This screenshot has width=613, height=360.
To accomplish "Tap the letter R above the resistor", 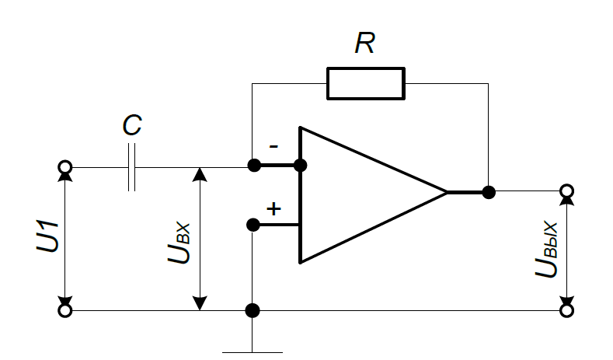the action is [x=364, y=43].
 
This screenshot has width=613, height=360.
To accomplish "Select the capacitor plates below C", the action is [x=132, y=167].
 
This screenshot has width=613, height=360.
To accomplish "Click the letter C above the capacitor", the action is [x=132, y=125].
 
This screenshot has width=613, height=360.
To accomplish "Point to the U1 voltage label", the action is [x=47, y=236].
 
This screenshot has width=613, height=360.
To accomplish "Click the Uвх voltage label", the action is [x=179, y=243].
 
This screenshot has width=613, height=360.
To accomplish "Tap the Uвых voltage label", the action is [x=546, y=250].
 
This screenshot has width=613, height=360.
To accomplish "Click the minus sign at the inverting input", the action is [x=273, y=147].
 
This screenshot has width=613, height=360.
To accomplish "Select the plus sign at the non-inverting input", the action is [x=273, y=208].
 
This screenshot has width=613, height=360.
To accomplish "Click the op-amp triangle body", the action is [x=300, y=194].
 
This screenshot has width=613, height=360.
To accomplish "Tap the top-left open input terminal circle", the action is [x=65, y=167].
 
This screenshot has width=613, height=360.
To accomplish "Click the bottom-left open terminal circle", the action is [x=65, y=310].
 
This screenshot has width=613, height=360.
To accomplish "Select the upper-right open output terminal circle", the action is [x=567, y=191].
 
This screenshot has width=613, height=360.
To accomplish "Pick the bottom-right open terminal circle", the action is [x=567, y=310].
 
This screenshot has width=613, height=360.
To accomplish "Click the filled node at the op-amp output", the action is [x=489, y=192].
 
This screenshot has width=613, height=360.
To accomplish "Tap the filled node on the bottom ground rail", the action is [x=253, y=311].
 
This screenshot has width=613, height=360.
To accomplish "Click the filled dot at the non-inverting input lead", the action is [x=253, y=225].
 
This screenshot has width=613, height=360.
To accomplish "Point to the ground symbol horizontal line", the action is [x=253, y=352].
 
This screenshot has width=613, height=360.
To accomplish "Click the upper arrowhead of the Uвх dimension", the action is [x=200, y=175].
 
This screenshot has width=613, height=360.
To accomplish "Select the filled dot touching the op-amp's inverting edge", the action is [x=300, y=165].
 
